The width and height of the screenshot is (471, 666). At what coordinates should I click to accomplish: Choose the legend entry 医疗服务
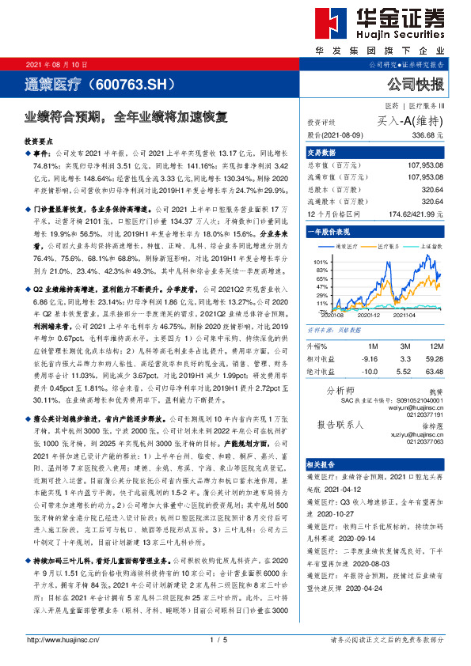[391, 247]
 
